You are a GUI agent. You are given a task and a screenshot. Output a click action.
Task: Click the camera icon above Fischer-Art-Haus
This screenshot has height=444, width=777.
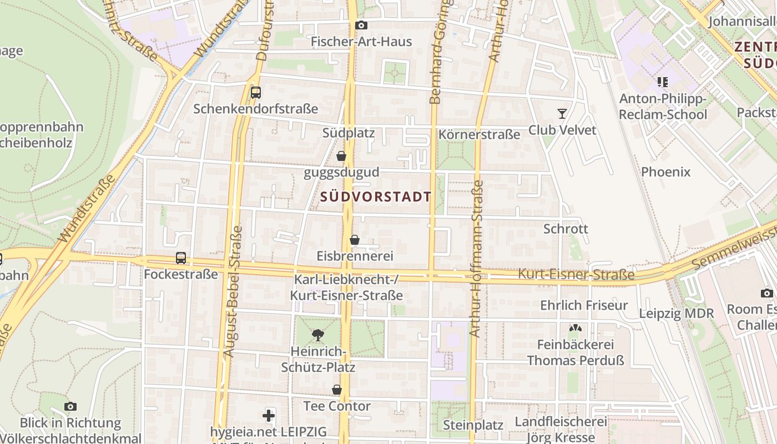pos(361,26)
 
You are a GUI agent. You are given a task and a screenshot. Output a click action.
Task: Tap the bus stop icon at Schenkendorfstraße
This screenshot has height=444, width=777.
pos(256,93)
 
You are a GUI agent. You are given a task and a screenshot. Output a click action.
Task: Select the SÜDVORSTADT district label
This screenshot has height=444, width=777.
pos(376,197)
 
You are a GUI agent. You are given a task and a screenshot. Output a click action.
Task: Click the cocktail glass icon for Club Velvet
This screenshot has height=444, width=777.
pos(562,114)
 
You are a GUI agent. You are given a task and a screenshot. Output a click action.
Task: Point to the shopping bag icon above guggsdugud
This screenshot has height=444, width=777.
pos(341,157)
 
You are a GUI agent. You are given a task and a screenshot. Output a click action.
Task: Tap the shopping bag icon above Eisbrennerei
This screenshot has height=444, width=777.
pos(355,240)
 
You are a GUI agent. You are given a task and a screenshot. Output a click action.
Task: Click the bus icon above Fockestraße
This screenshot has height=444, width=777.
pos(181,258)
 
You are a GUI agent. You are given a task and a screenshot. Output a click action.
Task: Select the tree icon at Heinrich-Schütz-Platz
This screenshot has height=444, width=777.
pos(318,335)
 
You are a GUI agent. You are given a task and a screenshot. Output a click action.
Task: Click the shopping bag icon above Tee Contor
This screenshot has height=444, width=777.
pos(337,390)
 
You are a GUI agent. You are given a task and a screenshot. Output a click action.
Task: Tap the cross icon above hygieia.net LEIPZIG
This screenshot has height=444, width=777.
pos(269,415)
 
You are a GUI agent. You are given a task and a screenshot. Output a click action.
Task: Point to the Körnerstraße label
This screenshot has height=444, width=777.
pos(479,135)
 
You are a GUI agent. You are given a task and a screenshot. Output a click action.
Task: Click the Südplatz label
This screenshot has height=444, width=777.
pos(349,133)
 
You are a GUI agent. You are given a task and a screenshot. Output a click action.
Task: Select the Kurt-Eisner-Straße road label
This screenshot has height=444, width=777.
pos(576,275)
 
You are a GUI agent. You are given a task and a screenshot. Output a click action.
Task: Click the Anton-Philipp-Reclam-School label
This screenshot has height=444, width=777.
pos(663,107)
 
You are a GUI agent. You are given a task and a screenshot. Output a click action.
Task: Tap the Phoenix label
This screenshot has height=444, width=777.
pos(665,172)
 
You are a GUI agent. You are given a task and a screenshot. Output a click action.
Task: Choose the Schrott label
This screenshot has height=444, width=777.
pos(566,229)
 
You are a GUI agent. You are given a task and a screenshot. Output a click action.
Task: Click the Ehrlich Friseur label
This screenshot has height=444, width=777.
pos(584,305)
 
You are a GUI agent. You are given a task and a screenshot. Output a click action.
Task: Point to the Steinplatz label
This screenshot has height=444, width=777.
pos(473,425)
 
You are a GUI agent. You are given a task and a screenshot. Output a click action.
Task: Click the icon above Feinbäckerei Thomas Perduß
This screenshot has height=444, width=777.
pos(576,329)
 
